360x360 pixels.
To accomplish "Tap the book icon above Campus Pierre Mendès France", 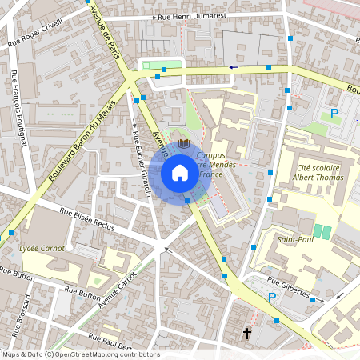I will [x=184, y=143].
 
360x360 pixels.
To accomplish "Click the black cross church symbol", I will [x=247, y=331].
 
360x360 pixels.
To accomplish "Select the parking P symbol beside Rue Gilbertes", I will [x=272, y=298].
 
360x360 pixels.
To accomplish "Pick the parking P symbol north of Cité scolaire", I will [x=334, y=113].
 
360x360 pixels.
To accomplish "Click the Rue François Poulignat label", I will [x=19, y=108].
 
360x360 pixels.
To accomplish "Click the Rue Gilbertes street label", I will [x=288, y=288].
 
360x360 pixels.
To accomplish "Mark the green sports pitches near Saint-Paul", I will [x=322, y=231].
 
